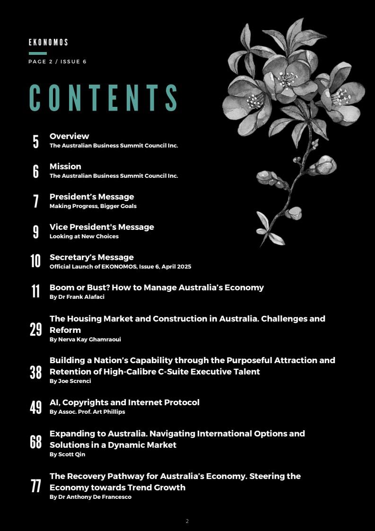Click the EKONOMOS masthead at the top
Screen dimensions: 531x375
(48, 43)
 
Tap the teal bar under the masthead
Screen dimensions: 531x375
(38, 53)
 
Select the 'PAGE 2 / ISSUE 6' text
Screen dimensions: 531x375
(57, 61)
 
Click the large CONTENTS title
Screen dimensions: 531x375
(104, 98)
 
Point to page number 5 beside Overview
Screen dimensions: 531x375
(36, 141)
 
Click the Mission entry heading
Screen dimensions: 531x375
(65, 166)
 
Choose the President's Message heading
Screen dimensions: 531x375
(92, 197)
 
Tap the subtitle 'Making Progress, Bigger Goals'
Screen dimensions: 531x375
(93, 206)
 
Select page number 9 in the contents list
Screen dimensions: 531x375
(36, 232)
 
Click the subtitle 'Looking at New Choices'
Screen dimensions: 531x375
(84, 236)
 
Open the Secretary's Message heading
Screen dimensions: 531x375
(92, 257)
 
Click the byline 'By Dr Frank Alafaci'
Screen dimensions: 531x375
(77, 297)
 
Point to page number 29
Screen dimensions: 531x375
(36, 330)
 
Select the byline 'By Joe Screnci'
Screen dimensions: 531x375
(70, 381)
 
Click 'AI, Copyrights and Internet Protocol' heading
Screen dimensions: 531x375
(124, 402)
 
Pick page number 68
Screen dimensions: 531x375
(36, 442)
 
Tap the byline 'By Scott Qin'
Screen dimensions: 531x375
(67, 454)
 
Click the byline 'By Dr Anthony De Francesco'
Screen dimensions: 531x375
(90, 497)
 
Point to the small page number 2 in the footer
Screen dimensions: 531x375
(187, 521)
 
